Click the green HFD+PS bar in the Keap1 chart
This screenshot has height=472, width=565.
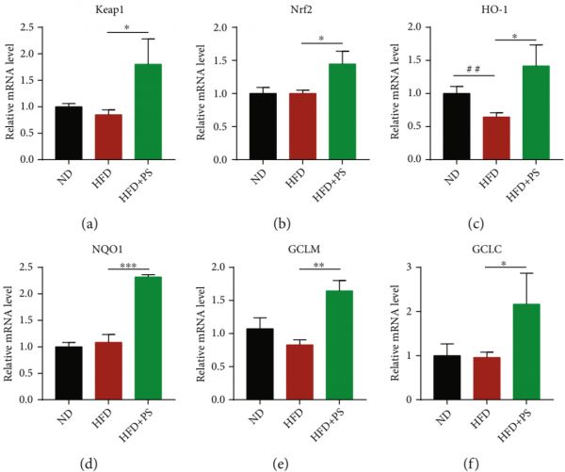[146, 112]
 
